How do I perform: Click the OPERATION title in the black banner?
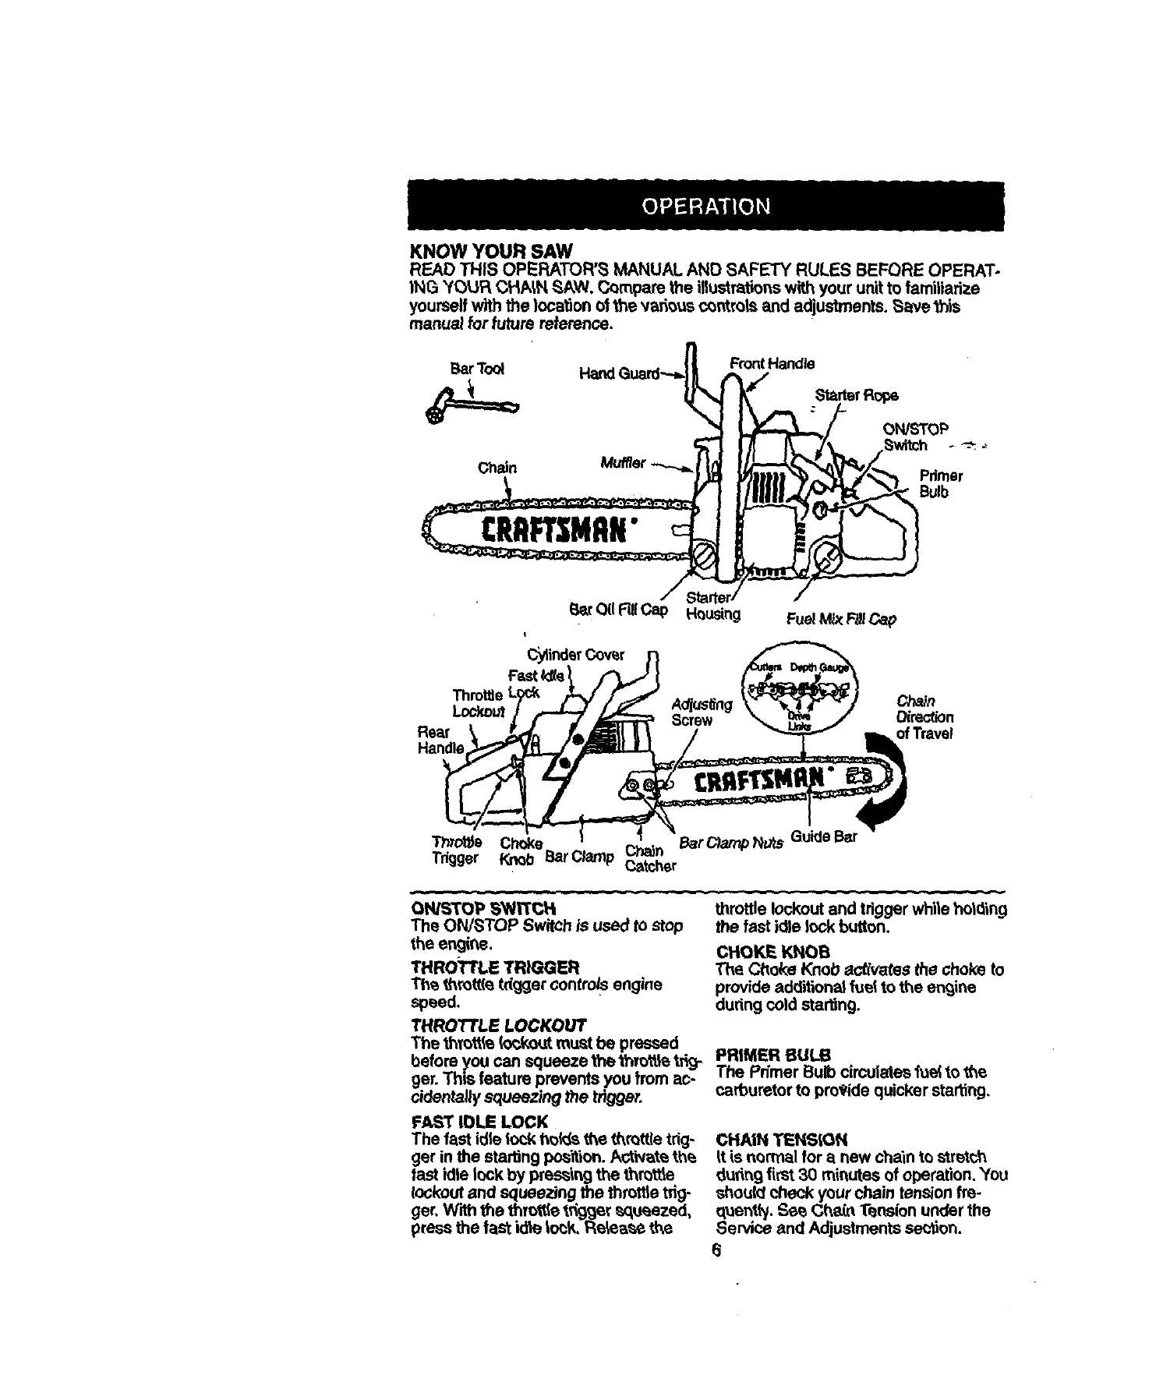tap(705, 207)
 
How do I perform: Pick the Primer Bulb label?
tap(941, 484)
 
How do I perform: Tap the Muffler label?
tap(623, 463)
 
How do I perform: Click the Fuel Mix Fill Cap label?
tap(842, 620)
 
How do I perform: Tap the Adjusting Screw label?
tap(701, 712)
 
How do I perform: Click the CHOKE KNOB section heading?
tap(772, 953)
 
